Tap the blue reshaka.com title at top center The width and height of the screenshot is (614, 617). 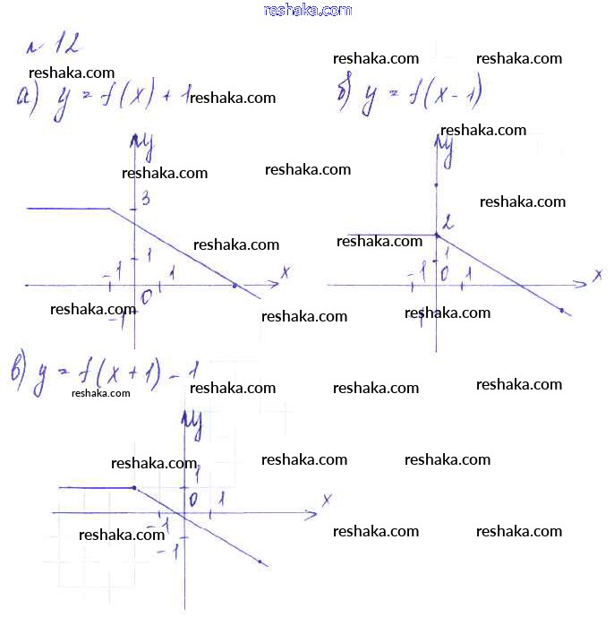coord(308,10)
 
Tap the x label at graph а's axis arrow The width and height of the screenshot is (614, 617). coord(285,270)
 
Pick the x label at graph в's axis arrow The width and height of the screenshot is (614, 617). coord(328,499)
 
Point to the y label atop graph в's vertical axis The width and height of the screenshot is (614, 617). coord(191,425)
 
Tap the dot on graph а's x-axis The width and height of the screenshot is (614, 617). coord(235,285)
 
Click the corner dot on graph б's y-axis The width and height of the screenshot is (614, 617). coord(437,236)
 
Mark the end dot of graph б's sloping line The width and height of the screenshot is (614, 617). coord(561,311)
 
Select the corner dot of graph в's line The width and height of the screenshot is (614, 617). coord(134,488)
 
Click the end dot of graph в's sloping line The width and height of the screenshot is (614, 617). coord(260,562)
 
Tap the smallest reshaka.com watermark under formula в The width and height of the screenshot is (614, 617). coord(100,392)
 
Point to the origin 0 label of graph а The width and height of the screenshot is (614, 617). coord(148,296)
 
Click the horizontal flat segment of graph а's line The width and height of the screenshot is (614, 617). coord(67,209)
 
